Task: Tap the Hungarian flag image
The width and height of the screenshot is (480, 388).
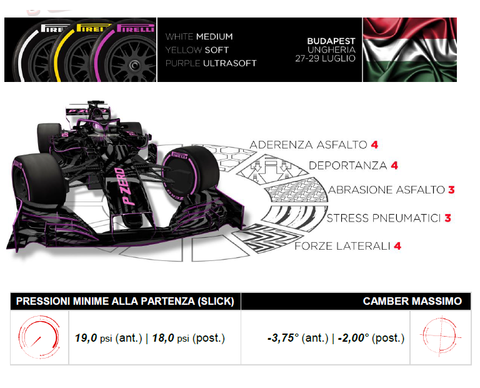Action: (409, 49)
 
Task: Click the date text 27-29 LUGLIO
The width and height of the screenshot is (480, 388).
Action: (326, 59)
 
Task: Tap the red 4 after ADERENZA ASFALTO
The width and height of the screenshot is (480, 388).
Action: (374, 145)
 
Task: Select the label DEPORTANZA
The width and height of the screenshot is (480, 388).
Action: (347, 166)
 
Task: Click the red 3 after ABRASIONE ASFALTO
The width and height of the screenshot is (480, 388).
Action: (451, 190)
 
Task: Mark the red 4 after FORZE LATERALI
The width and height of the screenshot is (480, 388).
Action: (397, 246)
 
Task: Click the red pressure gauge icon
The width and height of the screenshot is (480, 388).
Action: (32, 338)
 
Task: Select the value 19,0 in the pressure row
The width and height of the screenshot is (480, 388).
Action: (86, 338)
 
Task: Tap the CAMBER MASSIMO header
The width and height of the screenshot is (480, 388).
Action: (412, 302)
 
